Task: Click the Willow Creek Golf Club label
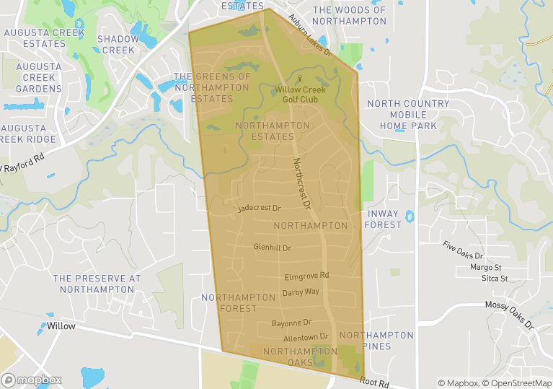pyautogui.click(x=300, y=94)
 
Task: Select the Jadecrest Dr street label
pyautogui.click(x=259, y=208)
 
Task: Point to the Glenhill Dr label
pyautogui.click(x=272, y=248)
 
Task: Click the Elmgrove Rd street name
pyautogui.click(x=306, y=276)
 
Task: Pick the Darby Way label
pyautogui.click(x=301, y=292)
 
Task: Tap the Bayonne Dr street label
pyautogui.click(x=291, y=323)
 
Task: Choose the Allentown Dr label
pyautogui.click(x=306, y=337)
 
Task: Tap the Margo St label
pyautogui.click(x=485, y=268)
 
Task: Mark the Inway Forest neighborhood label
pyautogui.click(x=384, y=219)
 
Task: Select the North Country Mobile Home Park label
pyautogui.click(x=408, y=115)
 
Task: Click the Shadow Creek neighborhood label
pyautogui.click(x=118, y=44)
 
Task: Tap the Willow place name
pyautogui.click(x=61, y=326)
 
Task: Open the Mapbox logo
pyautogui.click(x=32, y=380)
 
